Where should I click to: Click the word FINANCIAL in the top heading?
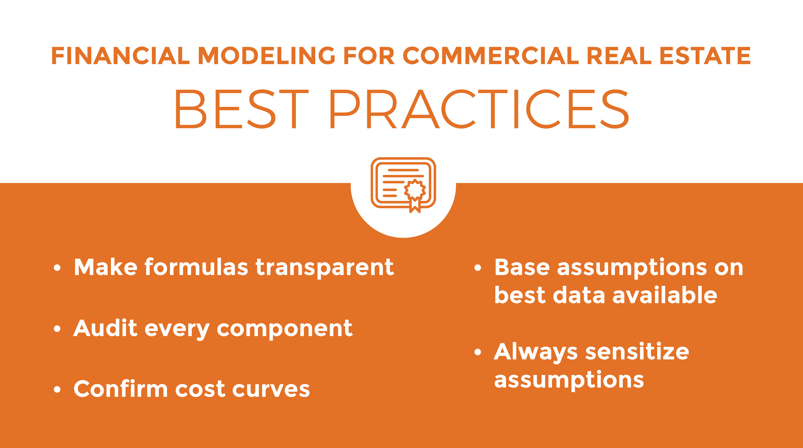pyautogui.click(x=121, y=56)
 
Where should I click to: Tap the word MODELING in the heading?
pyautogui.click(x=267, y=56)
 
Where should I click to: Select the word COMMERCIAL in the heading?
pyautogui.click(x=491, y=56)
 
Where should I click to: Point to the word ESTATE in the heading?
pyautogui.click(x=705, y=56)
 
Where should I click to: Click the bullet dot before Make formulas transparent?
pyautogui.click(x=57, y=268)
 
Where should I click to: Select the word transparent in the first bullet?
pyautogui.click(x=325, y=268)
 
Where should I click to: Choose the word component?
pyautogui.click(x=285, y=329)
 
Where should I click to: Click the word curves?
pyautogui.click(x=271, y=390)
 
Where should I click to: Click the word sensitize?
pyautogui.click(x=637, y=352)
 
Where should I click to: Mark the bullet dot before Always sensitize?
pyautogui.click(x=478, y=352)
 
